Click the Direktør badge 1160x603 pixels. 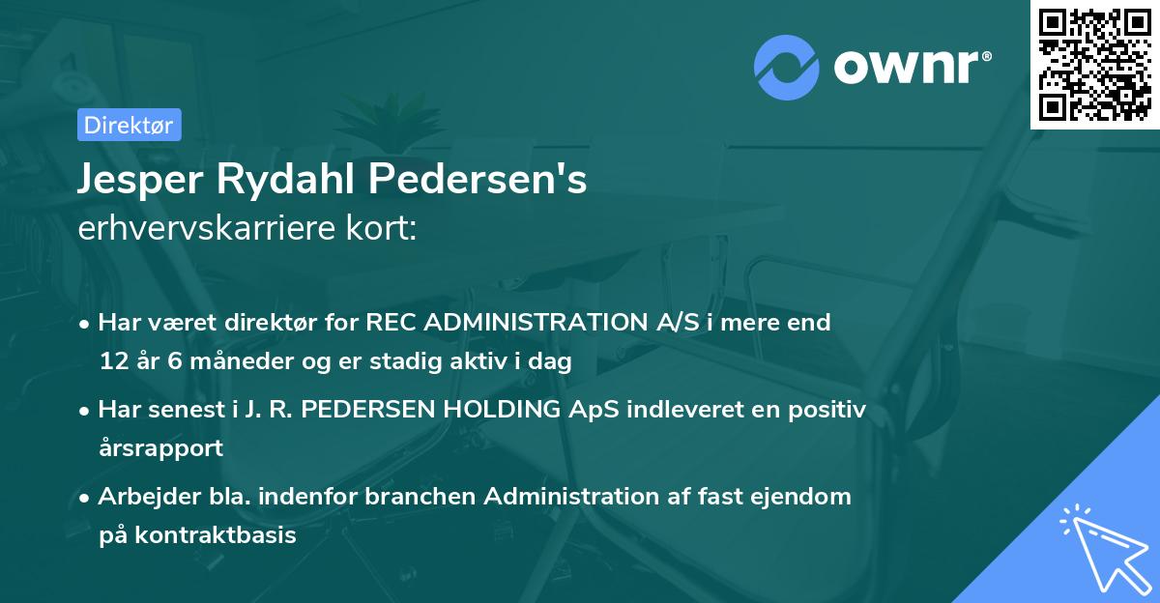[x=129, y=125]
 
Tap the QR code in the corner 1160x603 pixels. [x=1093, y=64]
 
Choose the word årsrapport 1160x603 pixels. [x=160, y=448]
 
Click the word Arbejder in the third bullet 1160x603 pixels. [x=142, y=496]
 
